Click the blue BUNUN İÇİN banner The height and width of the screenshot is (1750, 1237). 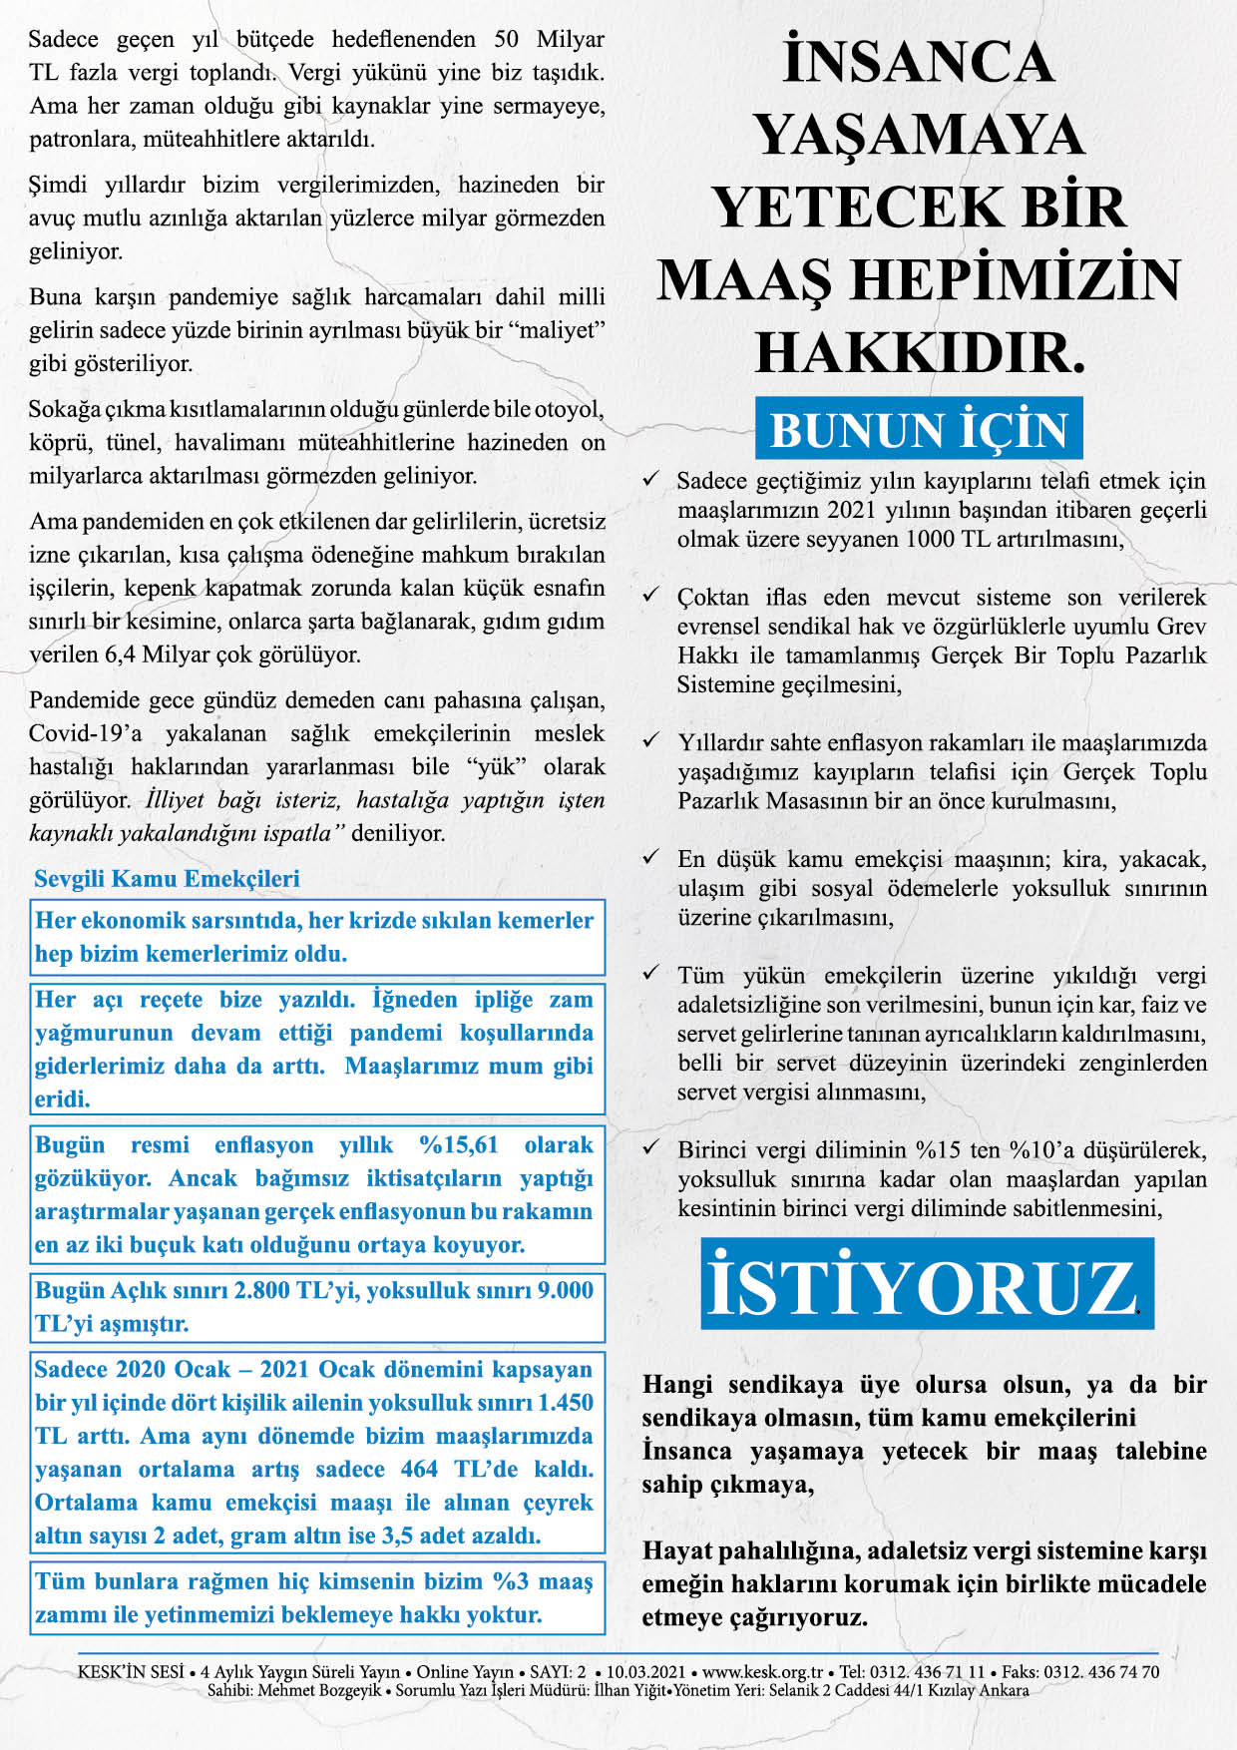pyautogui.click(x=919, y=430)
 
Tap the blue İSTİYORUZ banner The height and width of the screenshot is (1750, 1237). pyautogui.click(x=927, y=1285)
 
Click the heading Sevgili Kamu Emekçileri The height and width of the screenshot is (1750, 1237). pyautogui.click(x=167, y=879)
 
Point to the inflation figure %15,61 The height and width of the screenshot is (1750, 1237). pyautogui.click(x=458, y=1144)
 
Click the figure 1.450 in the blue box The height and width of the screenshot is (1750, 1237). pyautogui.click(x=566, y=1402)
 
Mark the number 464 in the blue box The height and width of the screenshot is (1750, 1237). pyautogui.click(x=419, y=1469)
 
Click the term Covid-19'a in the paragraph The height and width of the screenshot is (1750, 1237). pyautogui.click(x=86, y=733)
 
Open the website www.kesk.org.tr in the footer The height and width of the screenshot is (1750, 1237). pyautogui.click(x=762, y=1672)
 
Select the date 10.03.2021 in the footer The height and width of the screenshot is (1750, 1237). pyautogui.click(x=645, y=1672)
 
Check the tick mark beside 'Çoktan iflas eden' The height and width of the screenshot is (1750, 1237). pyautogui.click(x=651, y=596)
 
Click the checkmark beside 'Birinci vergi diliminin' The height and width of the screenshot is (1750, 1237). pyautogui.click(x=651, y=1148)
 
